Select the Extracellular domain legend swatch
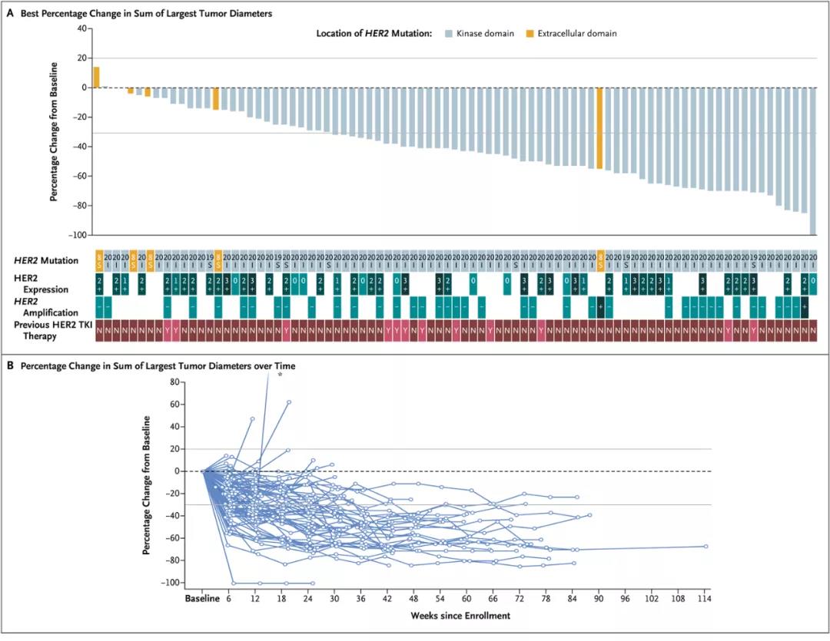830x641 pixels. tap(530, 34)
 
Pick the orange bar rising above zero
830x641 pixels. tap(97, 77)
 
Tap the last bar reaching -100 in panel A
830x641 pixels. tap(813, 161)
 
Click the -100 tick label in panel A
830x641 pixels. tap(78, 235)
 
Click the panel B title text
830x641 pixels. tap(158, 366)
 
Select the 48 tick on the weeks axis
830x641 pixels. tap(413, 598)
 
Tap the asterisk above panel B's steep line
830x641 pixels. tap(280, 376)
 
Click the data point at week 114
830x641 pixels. tap(705, 547)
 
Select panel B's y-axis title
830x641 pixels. tap(146, 486)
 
